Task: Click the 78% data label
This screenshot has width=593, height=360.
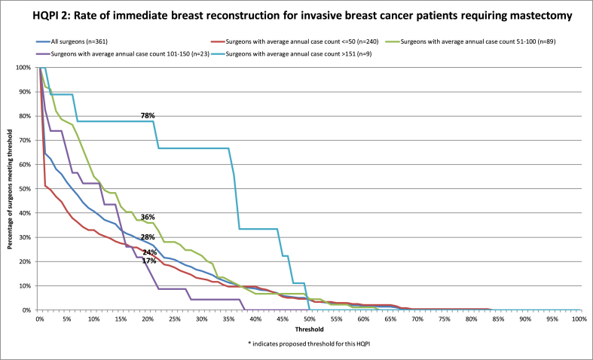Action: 148,116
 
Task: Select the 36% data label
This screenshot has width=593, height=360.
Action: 148,218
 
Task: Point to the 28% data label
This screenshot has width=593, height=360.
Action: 148,237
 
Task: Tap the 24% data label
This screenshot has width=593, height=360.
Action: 149,252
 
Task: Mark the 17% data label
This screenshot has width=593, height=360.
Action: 149,261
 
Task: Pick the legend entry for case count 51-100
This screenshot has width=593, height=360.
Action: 470,41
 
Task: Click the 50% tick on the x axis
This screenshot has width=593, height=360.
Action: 310,319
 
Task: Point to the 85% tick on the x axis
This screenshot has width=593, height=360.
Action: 499,319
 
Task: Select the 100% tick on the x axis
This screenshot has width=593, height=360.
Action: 579,319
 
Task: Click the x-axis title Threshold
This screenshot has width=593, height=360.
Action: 310,329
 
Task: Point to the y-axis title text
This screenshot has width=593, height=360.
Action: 11,189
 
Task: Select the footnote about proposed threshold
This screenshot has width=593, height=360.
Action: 310,343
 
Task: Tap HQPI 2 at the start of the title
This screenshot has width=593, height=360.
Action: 44,17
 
